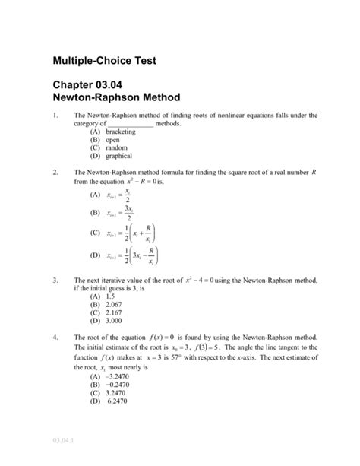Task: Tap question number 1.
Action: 55,116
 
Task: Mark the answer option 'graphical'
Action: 111,157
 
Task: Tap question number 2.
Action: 55,173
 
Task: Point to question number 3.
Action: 55,281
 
